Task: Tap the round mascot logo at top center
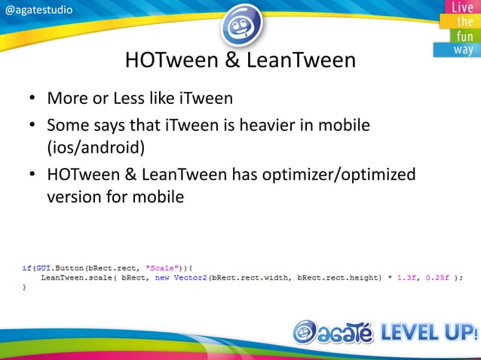[241, 24]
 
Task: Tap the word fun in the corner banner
[462, 36]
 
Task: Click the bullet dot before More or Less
[32, 100]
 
